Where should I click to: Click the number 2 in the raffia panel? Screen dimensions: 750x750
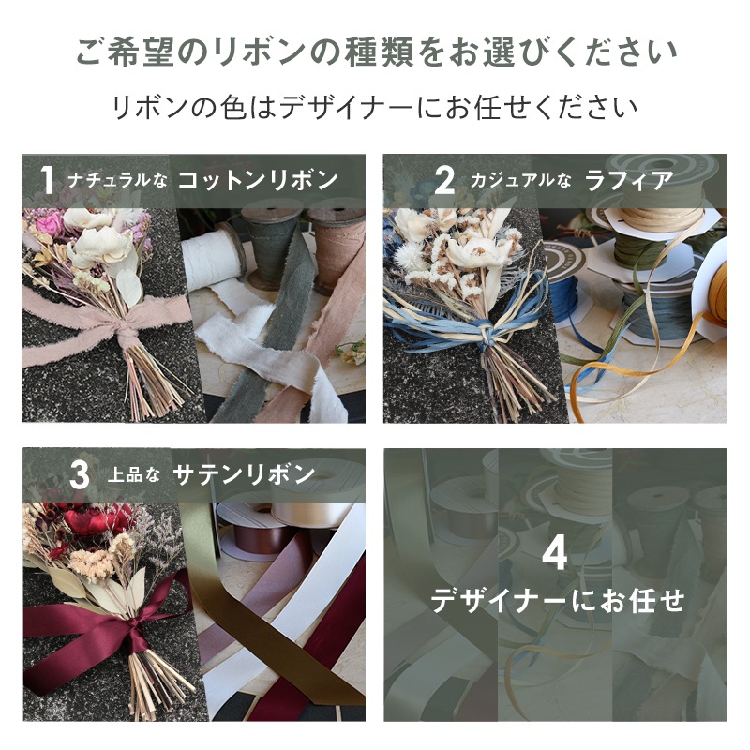pos(444,180)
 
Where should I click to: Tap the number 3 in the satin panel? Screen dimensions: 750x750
pos(80,475)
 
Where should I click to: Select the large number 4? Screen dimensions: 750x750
pos(555,554)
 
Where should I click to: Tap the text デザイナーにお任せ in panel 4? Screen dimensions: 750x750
pos(557,600)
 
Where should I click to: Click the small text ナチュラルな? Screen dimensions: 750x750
pos(117,181)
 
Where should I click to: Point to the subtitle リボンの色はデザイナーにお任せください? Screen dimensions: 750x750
pos(375,106)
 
